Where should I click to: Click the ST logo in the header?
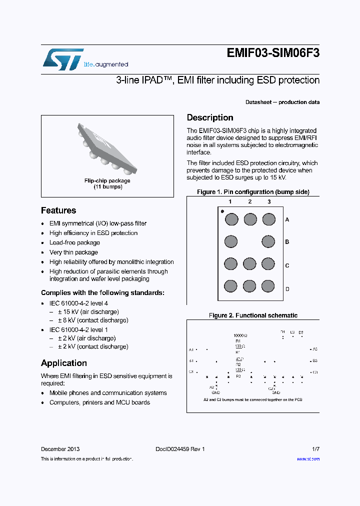[x=62, y=59]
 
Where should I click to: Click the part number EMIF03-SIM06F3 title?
[x=273, y=54]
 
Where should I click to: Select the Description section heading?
[x=210, y=118]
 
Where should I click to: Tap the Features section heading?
[x=58, y=210]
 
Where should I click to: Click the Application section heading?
[x=64, y=363]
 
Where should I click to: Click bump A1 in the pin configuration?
[x=230, y=219]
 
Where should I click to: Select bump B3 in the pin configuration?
[x=268, y=242]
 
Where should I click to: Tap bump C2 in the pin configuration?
[x=250, y=264]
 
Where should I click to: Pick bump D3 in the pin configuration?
[x=268, y=286]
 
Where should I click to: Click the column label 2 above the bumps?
[x=249, y=202]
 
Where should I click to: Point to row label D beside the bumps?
[x=287, y=289]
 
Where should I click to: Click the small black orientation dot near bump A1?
[x=222, y=211]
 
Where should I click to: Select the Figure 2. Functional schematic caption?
[x=253, y=315]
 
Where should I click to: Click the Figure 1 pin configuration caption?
[x=253, y=192]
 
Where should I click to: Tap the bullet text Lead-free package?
[x=74, y=242]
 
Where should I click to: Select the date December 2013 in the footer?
[x=60, y=449]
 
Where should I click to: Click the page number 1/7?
[x=314, y=449]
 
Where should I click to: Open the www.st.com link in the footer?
[x=308, y=459]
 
